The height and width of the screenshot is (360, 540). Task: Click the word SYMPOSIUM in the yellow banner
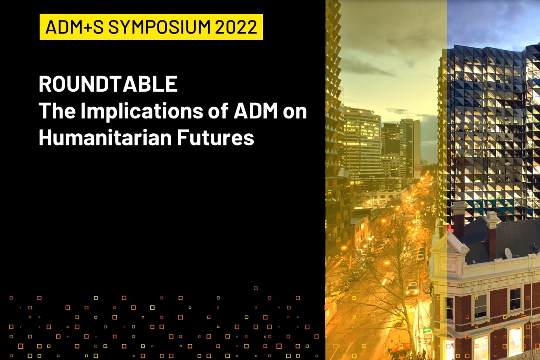click(159, 27)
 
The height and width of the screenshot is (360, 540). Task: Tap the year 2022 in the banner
click(236, 27)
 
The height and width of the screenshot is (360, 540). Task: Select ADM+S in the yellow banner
click(74, 27)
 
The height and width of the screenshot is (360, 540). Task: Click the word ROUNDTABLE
click(108, 84)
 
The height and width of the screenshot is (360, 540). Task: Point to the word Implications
click(142, 111)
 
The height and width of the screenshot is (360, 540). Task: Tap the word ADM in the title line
click(256, 111)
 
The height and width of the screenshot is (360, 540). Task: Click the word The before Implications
click(57, 111)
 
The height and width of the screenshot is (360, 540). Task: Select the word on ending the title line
click(295, 113)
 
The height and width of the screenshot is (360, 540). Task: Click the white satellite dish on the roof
click(508, 253)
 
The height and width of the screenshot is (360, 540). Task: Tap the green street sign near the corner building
click(427, 330)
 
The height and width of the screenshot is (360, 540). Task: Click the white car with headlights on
click(412, 288)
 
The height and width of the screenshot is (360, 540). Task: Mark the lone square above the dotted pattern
click(256, 288)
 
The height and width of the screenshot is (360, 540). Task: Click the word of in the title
click(218, 111)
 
